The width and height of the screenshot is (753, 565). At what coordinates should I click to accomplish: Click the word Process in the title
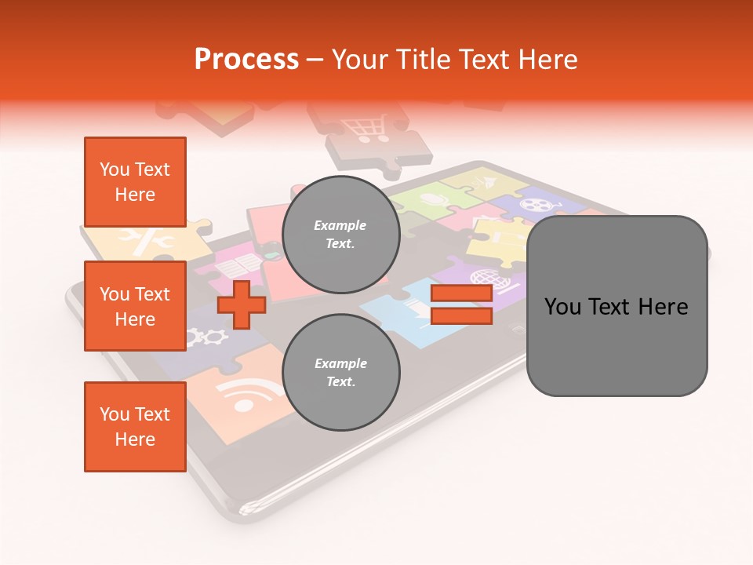click(246, 60)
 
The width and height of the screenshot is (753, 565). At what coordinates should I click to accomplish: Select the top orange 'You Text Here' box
click(135, 182)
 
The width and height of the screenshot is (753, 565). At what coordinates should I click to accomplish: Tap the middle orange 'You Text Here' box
click(135, 306)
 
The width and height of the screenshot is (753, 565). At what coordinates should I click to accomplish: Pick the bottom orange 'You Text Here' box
click(135, 426)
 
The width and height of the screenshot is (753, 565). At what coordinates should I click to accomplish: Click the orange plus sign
click(242, 304)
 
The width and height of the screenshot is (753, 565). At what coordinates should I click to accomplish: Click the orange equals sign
click(461, 304)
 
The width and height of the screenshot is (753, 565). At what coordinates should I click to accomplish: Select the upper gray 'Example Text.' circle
click(340, 235)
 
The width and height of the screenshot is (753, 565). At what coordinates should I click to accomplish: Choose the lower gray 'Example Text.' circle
click(340, 373)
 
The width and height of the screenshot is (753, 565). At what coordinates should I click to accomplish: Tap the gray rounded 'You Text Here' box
click(617, 306)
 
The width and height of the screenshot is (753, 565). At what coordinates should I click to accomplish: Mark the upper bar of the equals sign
click(461, 293)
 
